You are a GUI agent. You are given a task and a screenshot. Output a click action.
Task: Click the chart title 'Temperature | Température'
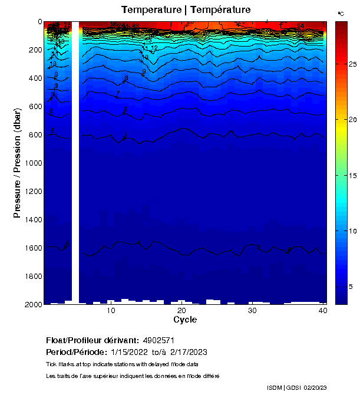[x=186, y=10]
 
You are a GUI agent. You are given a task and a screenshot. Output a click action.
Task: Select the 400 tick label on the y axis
[x=34, y=78]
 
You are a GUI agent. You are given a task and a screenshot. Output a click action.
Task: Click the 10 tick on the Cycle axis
[x=111, y=311]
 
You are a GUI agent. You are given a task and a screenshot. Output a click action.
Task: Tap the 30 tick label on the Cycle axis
[x=252, y=311]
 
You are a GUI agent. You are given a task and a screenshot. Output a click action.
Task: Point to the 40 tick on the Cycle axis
[x=323, y=311]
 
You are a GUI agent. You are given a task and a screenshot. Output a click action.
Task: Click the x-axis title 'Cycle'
[x=185, y=320]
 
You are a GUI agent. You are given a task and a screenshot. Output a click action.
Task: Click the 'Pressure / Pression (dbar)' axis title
[x=17, y=163]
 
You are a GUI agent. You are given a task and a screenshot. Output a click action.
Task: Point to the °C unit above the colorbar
[x=341, y=13]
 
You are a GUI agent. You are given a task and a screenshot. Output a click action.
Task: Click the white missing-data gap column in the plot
[x=75, y=177]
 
